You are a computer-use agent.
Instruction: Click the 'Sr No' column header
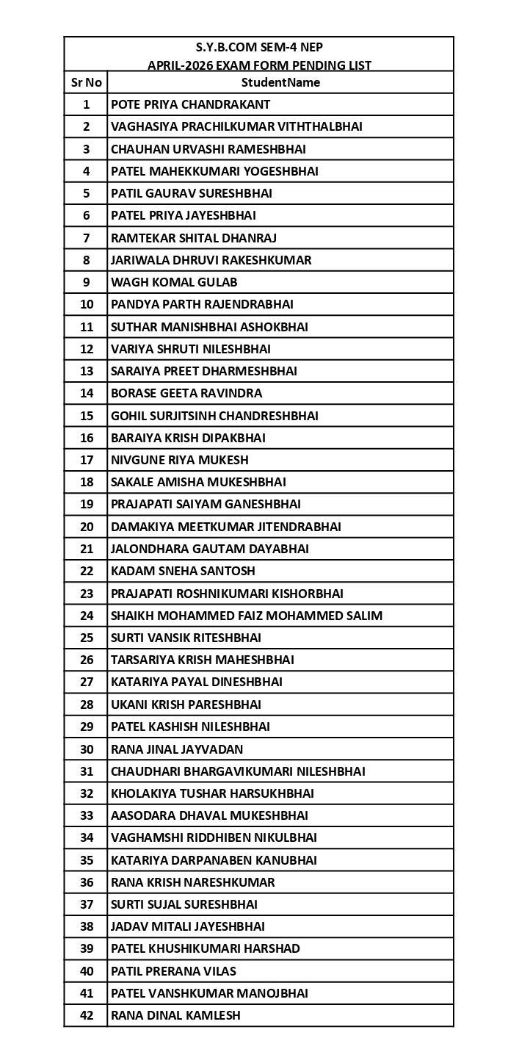86,82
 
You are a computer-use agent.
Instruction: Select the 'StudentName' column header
280,82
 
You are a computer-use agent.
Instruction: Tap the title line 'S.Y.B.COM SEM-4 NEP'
259,47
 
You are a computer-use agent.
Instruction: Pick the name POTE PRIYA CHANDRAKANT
190,104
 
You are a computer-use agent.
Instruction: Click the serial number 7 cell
86,238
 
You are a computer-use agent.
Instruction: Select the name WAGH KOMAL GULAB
174,282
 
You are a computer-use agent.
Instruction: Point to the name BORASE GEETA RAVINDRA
186,393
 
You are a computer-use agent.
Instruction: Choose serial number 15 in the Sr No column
86,416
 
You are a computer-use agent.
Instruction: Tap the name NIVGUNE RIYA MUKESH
180,460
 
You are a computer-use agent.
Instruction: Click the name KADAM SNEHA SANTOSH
183,571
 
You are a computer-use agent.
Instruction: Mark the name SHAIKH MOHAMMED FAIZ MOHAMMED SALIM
247,616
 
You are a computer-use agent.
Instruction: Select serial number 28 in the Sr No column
86,705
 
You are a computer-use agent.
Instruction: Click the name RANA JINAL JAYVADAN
177,749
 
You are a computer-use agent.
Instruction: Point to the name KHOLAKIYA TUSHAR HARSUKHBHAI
212,793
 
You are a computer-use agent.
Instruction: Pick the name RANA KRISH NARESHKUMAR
193,882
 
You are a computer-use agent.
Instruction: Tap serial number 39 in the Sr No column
86,948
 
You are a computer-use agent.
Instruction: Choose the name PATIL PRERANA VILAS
173,971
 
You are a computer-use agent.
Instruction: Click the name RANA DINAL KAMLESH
175,1015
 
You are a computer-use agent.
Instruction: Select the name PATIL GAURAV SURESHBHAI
192,193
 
